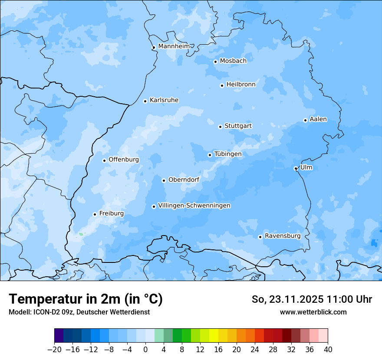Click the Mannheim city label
point(174,46)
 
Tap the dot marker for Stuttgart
point(220,127)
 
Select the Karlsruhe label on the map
point(164,100)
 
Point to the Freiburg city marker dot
point(95,214)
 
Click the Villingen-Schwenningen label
point(194,206)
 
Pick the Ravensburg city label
point(283,236)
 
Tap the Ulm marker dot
point(296,168)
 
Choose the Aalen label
point(318,119)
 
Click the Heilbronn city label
point(241,85)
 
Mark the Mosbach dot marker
point(215,62)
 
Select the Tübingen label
point(228,154)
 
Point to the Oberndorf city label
point(184,180)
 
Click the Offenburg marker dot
point(104,160)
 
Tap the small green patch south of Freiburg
point(81,234)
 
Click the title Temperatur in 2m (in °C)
point(86,299)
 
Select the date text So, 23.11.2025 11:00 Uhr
point(312,299)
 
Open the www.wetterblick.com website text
point(313,312)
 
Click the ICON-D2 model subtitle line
point(79,312)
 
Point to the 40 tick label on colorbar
point(328,350)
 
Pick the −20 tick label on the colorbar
point(54,350)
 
